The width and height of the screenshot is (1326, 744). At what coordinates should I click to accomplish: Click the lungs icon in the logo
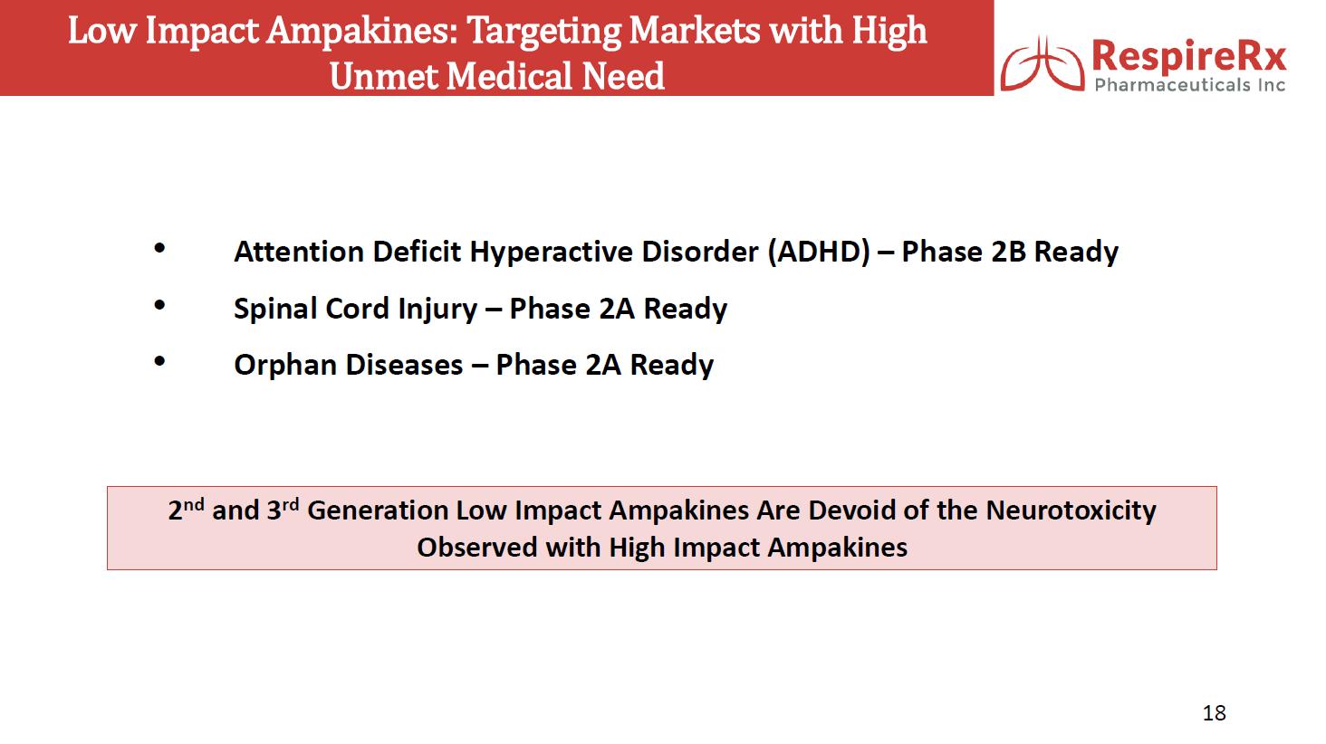[x=1043, y=64]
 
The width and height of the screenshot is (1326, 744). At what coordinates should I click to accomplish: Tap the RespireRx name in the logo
[x=1188, y=56]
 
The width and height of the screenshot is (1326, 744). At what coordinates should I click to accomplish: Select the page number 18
[x=1214, y=712]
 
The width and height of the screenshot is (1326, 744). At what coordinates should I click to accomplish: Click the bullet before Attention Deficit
[x=159, y=248]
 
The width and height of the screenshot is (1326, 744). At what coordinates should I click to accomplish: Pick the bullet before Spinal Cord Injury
[x=159, y=305]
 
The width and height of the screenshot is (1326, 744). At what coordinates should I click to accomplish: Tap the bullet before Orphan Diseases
[x=159, y=361]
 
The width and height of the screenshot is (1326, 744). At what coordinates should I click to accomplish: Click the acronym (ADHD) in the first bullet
[x=819, y=253]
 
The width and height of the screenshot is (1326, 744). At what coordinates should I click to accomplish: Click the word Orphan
[x=285, y=366]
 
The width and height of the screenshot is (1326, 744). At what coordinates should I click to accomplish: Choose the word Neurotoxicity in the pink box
[x=1071, y=510]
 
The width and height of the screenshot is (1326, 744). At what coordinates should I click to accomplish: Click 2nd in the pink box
[x=186, y=510]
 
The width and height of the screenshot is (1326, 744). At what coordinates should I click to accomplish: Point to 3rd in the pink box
[x=283, y=510]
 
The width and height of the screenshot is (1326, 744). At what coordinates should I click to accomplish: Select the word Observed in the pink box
[x=477, y=547]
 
